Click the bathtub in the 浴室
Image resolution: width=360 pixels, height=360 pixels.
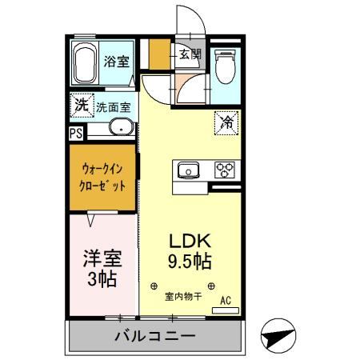(x=86, y=63)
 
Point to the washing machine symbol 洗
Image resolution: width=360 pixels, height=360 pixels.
(x=81, y=104)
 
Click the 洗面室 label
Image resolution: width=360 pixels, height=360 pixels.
(x=114, y=106)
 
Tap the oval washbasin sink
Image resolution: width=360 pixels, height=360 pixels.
(x=120, y=127)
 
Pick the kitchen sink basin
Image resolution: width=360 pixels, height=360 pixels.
(x=189, y=170)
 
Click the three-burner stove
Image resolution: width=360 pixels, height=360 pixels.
(x=224, y=170)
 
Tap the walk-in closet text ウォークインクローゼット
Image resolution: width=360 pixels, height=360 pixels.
(x=102, y=176)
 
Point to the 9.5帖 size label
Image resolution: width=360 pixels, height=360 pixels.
(x=190, y=262)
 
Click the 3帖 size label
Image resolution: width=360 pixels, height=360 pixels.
(x=102, y=279)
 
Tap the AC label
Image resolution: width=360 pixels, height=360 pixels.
(x=226, y=301)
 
